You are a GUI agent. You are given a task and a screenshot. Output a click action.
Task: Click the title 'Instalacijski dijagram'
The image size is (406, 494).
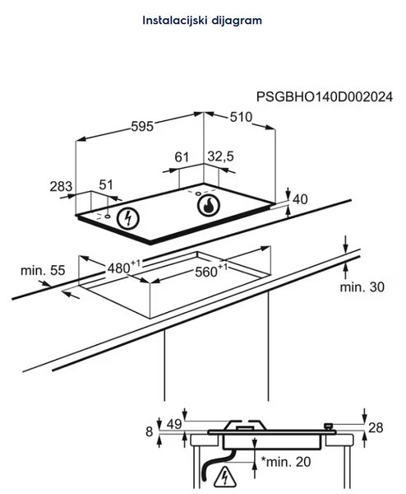[x=202, y=21]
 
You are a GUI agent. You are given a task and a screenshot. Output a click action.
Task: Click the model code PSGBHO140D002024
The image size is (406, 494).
[x=325, y=96]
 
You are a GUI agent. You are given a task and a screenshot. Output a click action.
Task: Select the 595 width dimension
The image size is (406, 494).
[x=142, y=126]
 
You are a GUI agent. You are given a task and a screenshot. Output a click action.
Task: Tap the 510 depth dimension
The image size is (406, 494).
[x=241, y=117]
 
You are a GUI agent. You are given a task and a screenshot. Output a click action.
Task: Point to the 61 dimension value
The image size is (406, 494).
[x=182, y=157]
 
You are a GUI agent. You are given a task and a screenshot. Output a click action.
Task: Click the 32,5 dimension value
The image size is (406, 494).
[x=220, y=156]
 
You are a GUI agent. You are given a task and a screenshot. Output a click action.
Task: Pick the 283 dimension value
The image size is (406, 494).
[x=61, y=186]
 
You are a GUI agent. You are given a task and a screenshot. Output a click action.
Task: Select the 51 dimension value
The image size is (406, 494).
[x=106, y=184]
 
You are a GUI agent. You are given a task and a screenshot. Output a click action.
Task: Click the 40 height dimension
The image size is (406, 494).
[x=300, y=199]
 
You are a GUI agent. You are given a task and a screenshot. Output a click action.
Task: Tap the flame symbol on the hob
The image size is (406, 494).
[x=209, y=205]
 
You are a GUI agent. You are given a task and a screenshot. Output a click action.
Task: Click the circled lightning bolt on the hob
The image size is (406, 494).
[x=128, y=218]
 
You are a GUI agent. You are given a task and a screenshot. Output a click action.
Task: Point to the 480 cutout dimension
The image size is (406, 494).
[x=124, y=267]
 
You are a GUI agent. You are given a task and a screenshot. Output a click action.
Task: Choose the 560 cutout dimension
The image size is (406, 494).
[x=210, y=270]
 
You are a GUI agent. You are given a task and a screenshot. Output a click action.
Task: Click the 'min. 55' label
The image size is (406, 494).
[x=43, y=270]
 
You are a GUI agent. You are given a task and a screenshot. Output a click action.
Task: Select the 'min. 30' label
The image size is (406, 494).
[x=362, y=287]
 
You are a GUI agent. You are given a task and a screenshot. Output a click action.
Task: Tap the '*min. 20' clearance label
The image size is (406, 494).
[x=286, y=462]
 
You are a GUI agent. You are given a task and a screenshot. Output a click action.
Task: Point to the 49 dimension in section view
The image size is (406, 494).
[x=174, y=424]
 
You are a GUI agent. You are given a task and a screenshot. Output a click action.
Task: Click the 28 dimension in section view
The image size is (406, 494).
[x=376, y=428]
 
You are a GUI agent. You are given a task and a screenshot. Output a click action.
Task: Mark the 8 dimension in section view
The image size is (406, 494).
[x=149, y=431]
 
